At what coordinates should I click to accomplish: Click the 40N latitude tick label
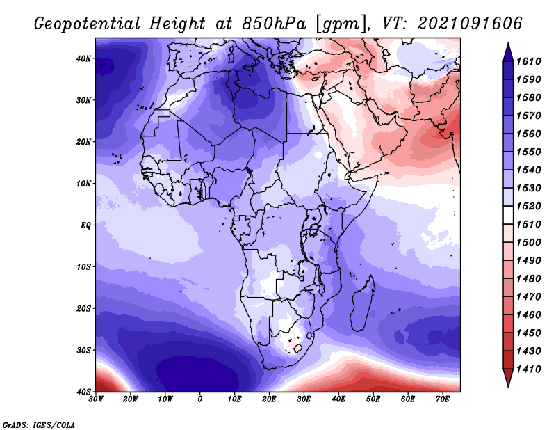tap(83, 58)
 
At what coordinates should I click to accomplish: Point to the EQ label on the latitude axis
tap(85, 225)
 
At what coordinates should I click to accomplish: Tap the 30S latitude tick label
tap(83, 350)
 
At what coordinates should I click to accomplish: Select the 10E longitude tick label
tap(234, 399)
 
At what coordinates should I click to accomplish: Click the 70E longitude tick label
tap(443, 399)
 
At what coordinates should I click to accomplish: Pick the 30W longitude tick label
tap(96, 399)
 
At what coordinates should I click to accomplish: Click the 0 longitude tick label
tap(200, 399)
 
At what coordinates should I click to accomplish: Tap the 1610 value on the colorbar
tap(528, 61)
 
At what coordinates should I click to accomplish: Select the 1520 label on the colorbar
tap(528, 206)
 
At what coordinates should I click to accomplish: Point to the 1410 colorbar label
tap(528, 369)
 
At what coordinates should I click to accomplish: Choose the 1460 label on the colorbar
tap(528, 315)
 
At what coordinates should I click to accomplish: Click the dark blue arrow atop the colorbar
tap(508, 53)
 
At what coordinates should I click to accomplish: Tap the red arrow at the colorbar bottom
tap(508, 378)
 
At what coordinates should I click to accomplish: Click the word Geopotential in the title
tap(88, 24)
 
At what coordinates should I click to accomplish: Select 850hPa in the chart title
tap(274, 24)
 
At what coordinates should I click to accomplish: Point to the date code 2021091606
tap(470, 24)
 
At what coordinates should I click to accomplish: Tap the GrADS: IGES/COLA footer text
tap(39, 425)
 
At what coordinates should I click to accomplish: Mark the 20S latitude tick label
tap(83, 308)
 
